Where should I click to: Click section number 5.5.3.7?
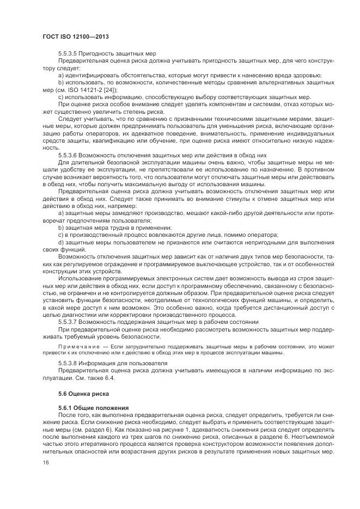click(x=69, y=322)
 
